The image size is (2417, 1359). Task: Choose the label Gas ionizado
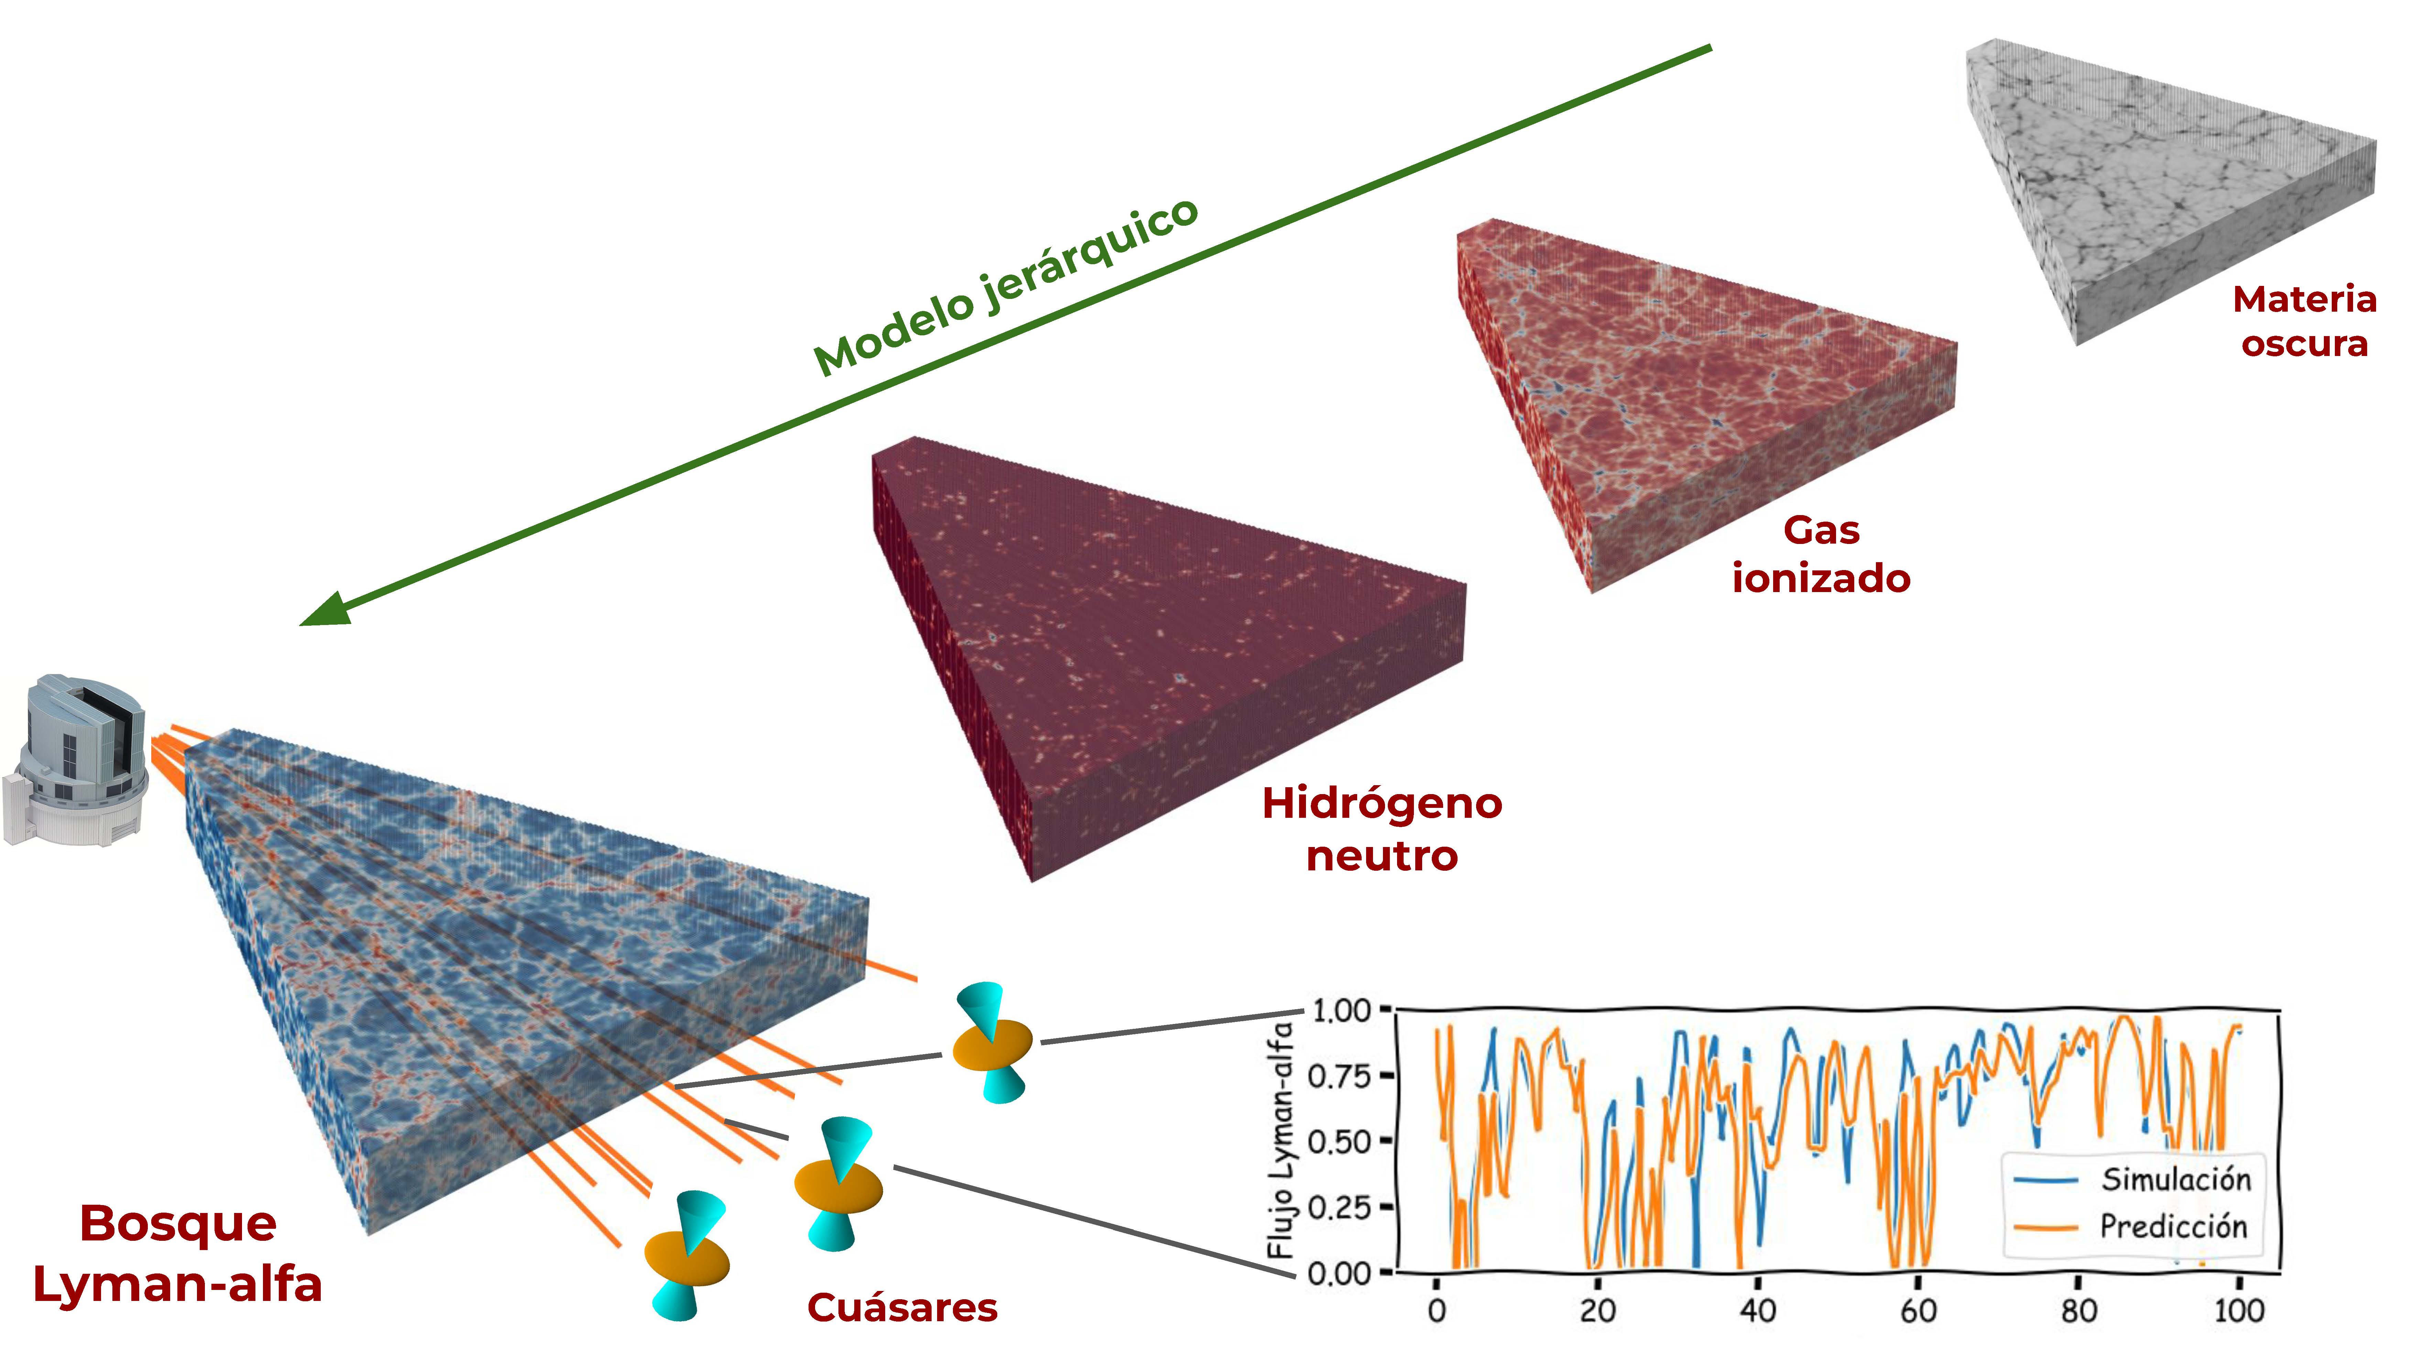click(x=1821, y=554)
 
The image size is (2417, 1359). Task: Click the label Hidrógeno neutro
click(x=1382, y=829)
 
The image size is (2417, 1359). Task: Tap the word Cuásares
click(x=902, y=1307)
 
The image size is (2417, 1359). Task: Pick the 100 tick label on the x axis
click(x=2239, y=1310)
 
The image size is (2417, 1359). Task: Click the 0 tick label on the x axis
click(x=1437, y=1310)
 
